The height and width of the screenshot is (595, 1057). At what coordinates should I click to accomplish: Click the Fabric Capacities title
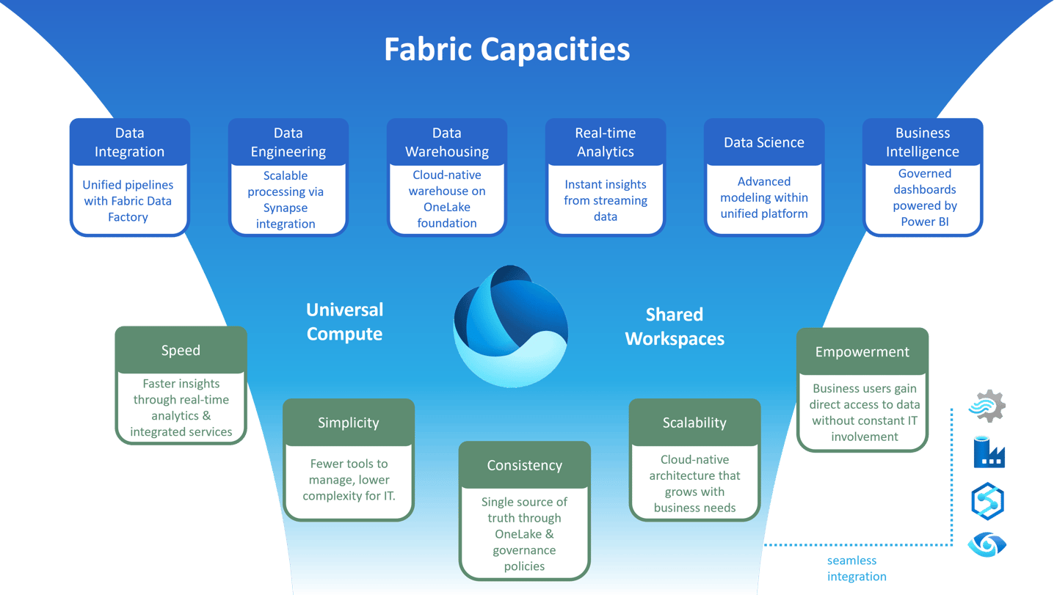(506, 50)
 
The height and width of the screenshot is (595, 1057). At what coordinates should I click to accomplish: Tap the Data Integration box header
(129, 142)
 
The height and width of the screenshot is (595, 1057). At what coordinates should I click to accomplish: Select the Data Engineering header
(288, 142)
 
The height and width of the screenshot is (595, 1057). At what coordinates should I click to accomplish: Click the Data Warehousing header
(446, 142)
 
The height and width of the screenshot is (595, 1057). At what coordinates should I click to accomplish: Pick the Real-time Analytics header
(605, 142)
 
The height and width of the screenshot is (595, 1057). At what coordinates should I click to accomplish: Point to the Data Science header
(763, 142)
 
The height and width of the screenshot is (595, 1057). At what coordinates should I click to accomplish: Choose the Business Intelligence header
(922, 142)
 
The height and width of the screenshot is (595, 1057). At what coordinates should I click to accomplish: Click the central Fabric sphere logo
(511, 326)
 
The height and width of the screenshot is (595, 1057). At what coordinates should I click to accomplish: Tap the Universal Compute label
(344, 321)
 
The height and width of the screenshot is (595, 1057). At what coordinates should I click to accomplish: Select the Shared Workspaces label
(675, 326)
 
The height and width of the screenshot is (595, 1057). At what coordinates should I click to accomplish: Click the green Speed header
(181, 350)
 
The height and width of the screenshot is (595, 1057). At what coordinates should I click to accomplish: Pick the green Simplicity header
(349, 423)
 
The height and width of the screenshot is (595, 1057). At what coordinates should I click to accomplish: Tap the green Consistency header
(524, 465)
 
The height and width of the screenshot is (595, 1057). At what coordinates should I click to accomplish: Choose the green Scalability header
(694, 423)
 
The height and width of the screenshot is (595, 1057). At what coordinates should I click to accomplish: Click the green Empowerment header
(862, 351)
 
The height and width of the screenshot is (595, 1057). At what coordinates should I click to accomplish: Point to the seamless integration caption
(856, 569)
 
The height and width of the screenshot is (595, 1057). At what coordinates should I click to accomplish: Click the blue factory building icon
(988, 453)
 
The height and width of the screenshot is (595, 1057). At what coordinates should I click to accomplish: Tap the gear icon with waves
(987, 406)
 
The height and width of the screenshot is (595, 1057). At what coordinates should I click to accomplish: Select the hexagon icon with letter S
(987, 501)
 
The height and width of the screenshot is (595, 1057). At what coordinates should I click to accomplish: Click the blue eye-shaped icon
(987, 544)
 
